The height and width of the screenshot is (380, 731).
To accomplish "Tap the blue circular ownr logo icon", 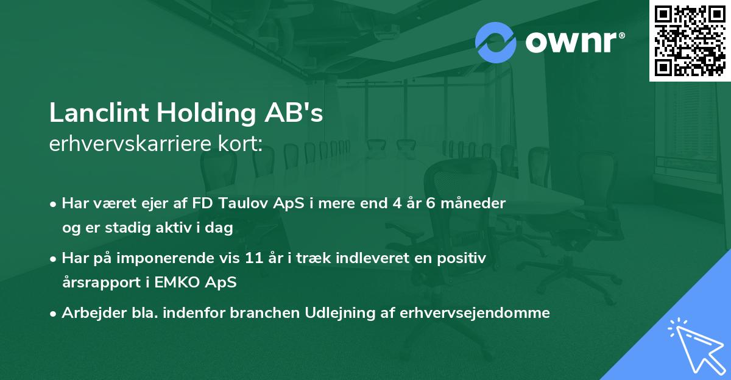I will [x=496, y=41].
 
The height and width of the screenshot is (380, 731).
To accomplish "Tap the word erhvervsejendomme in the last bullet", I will [x=475, y=313].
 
